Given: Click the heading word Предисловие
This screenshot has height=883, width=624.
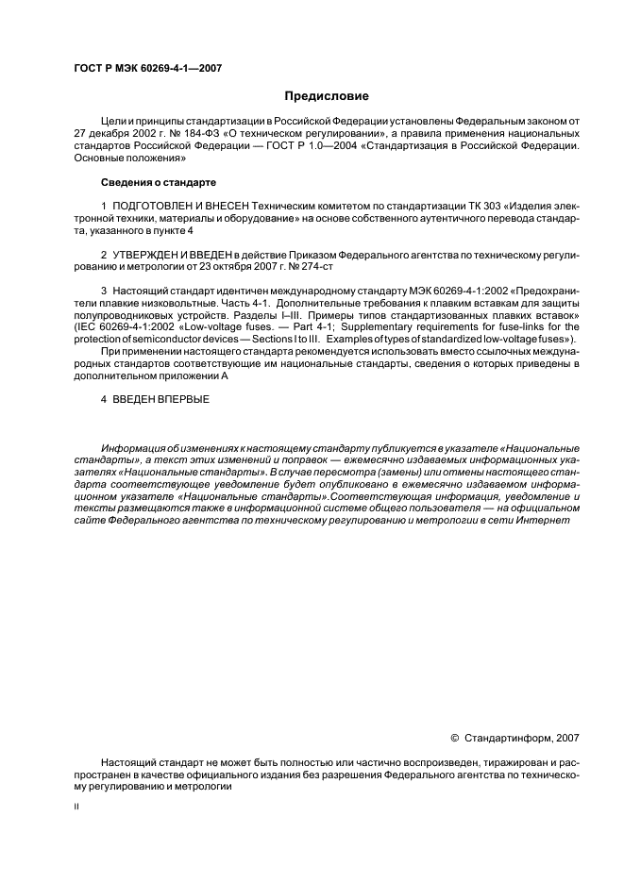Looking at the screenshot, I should pos(327,96).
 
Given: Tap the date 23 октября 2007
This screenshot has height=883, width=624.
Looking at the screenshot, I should pos(223,268).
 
